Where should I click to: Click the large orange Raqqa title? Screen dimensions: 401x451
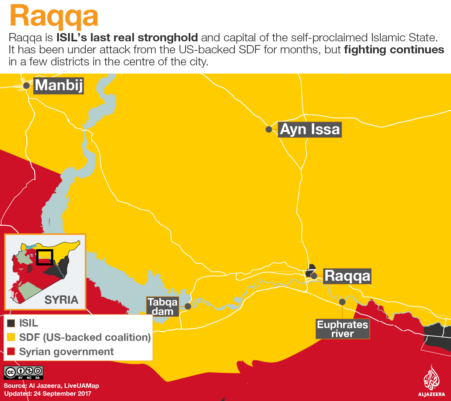pos(54,16)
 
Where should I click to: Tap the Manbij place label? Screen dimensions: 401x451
pos(59,86)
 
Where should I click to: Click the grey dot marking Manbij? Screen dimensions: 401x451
pos(26,86)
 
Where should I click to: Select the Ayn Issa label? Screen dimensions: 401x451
pos(310,129)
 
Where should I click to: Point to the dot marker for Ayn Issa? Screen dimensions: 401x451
pos(269,129)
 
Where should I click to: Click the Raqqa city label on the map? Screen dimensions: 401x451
pos(347,276)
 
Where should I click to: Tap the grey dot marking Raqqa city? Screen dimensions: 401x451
pos(314,276)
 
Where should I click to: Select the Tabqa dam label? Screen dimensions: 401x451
pos(162,306)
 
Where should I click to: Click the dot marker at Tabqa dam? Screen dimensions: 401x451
pos(188,306)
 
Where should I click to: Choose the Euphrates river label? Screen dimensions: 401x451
pos(342,329)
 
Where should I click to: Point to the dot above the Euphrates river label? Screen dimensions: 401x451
pos(342,302)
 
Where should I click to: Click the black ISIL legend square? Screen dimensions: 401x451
pos(11,323)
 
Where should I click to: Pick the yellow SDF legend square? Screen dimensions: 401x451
pos(11,337)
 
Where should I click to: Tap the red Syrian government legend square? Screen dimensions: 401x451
pos(11,351)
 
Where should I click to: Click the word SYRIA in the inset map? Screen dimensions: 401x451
pos(61,300)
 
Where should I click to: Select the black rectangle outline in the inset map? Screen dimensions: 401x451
pos(45,257)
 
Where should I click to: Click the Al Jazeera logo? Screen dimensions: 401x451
pos(431,381)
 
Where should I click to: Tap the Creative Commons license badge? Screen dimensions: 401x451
pos(23,372)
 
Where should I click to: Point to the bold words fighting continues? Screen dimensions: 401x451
pos(394,50)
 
